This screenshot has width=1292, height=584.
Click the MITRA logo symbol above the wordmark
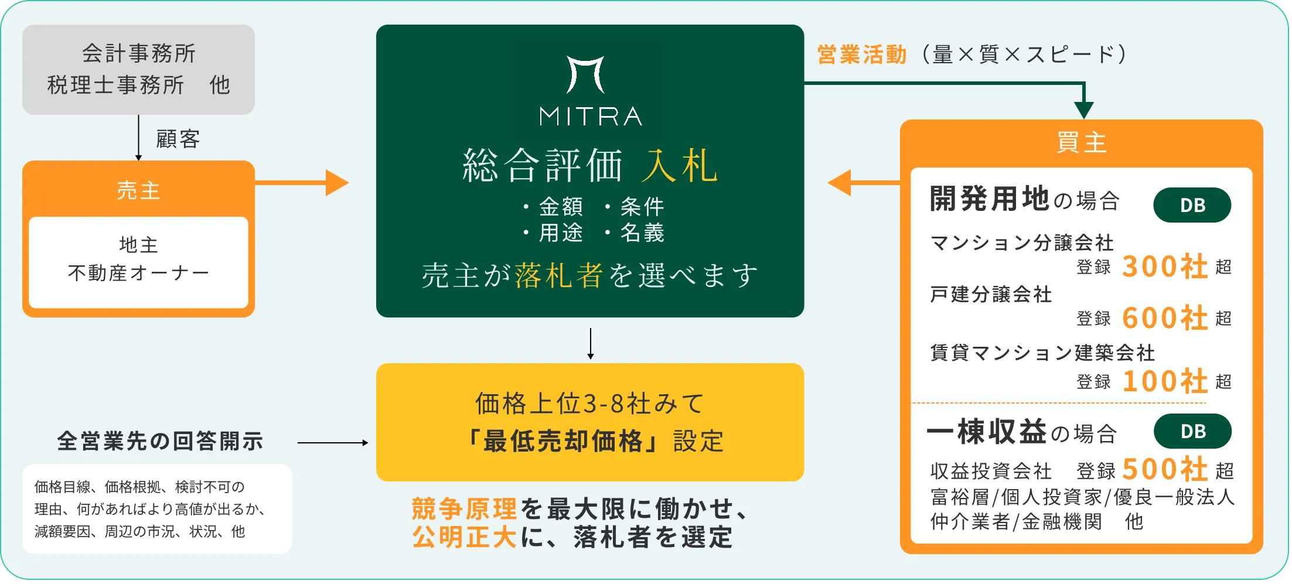585,74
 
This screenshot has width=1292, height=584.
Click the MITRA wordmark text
591,117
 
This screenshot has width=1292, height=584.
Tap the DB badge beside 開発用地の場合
1192,205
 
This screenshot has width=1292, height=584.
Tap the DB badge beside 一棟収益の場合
1192,431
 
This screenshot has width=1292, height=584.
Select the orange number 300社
1165,267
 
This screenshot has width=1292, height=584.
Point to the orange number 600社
1165,318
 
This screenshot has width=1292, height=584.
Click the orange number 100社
1165,381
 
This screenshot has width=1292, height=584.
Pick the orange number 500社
1165,469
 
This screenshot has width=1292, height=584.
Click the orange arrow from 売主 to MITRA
302,183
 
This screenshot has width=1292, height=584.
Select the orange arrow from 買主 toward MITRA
864,183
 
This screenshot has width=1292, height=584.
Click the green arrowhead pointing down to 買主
1084,110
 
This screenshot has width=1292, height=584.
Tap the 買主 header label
1082,142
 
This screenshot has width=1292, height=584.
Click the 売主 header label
138,190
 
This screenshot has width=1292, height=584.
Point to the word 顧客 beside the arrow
178,139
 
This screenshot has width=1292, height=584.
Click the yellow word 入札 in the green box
680,166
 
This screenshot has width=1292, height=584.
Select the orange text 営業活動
862,54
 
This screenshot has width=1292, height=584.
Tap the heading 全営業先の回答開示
160,441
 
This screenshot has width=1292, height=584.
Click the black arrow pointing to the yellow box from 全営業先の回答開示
333,443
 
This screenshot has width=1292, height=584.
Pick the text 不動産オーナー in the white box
138,273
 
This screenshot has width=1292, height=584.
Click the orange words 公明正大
464,537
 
